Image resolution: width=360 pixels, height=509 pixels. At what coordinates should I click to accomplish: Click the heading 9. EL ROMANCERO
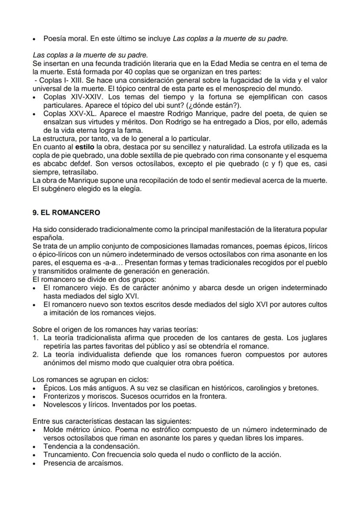66,213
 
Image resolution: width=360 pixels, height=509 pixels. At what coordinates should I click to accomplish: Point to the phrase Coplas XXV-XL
69,113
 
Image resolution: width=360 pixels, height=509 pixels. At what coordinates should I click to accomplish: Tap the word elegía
131,189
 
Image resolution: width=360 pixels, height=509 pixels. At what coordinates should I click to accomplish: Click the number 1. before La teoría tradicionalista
36,338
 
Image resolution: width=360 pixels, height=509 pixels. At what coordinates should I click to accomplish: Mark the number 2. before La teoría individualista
36,354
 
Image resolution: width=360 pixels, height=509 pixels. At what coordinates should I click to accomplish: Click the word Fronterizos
62,396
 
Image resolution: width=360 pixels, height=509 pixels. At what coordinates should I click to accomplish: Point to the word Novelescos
61,404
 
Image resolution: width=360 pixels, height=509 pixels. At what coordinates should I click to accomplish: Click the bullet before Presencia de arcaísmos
34,463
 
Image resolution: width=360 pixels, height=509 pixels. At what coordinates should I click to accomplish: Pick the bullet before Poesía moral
34,39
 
